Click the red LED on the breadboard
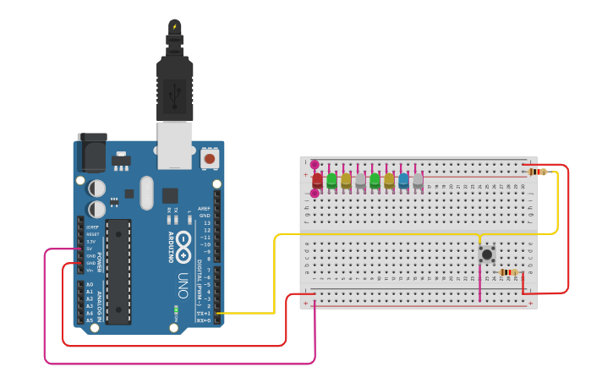tap(317, 179)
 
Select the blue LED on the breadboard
tap(403, 179)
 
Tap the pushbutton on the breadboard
tap(486, 254)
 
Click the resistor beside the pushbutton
tap(508, 271)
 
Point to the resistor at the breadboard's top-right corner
tap(537, 172)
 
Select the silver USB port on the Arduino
tap(175, 143)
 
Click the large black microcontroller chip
tap(118, 271)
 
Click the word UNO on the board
tap(183, 280)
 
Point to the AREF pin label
tap(204, 208)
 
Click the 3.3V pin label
tap(90, 242)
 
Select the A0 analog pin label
tap(90, 285)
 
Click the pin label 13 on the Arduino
tap(206, 222)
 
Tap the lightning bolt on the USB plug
tap(175, 27)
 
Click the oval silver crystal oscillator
tap(147, 193)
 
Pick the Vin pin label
tap(90, 270)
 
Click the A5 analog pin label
tap(90, 320)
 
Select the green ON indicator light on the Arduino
tap(176, 309)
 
